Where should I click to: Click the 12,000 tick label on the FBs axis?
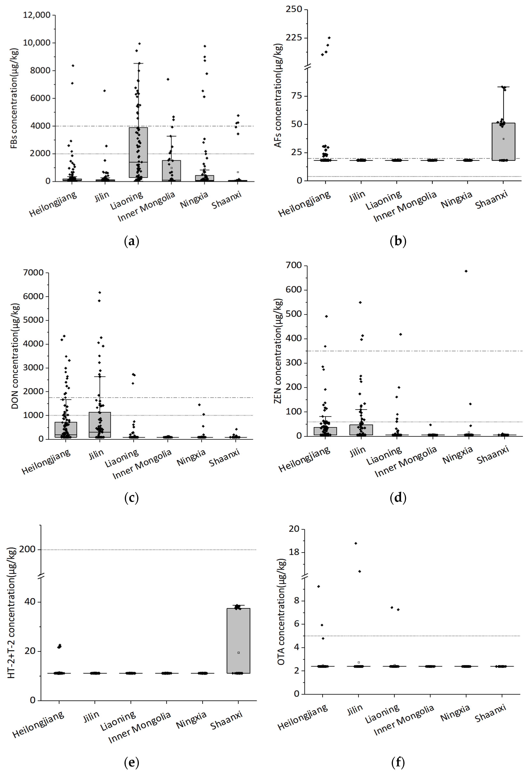(37, 15)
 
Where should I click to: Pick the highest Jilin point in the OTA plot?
(356, 543)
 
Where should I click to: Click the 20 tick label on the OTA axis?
(294, 529)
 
